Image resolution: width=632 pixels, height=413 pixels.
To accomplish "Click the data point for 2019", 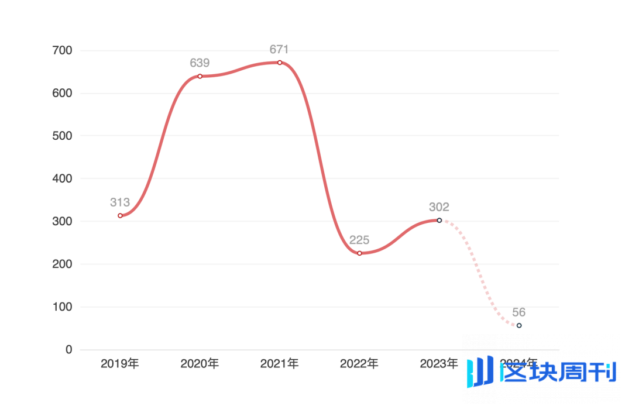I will (120, 216).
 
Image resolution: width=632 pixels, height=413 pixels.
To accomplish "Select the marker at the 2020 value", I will (200, 76).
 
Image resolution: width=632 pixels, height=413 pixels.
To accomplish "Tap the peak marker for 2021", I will (280, 63).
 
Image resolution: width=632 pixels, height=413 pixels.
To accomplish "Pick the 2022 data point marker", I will (359, 253).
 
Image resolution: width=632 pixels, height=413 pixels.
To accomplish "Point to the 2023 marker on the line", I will (439, 220).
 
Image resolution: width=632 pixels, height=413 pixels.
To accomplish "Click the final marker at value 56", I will (519, 325).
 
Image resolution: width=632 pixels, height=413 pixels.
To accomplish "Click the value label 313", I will (120, 202).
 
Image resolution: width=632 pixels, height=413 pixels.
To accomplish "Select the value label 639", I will (200, 63).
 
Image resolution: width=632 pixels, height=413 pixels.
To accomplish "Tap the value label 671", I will (279, 49).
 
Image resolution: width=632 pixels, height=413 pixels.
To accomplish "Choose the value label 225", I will (359, 240).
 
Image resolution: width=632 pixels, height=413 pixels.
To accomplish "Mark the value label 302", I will (439, 206).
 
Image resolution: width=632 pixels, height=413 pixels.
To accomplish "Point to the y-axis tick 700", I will (61, 51).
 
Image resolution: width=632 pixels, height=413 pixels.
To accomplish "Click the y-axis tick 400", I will (61, 178).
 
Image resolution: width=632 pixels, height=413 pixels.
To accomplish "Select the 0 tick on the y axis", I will (68, 350).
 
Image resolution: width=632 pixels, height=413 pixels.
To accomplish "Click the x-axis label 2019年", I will (120, 364).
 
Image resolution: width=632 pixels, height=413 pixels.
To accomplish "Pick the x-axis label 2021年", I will (280, 364).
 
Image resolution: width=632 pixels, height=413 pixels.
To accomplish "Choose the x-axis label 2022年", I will (359, 364).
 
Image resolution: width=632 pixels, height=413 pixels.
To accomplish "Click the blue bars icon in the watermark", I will (480, 372).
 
